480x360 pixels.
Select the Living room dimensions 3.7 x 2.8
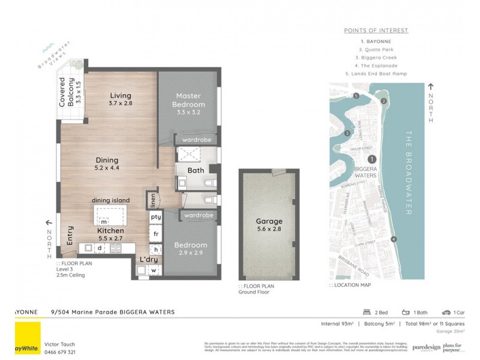click(x=120, y=104)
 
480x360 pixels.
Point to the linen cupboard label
click(x=153, y=200)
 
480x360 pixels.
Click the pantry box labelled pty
click(x=155, y=217)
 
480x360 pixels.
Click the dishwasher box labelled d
click(x=100, y=248)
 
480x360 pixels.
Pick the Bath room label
click(x=196, y=170)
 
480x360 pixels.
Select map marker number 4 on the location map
click(x=394, y=239)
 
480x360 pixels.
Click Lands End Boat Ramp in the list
click(x=376, y=74)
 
